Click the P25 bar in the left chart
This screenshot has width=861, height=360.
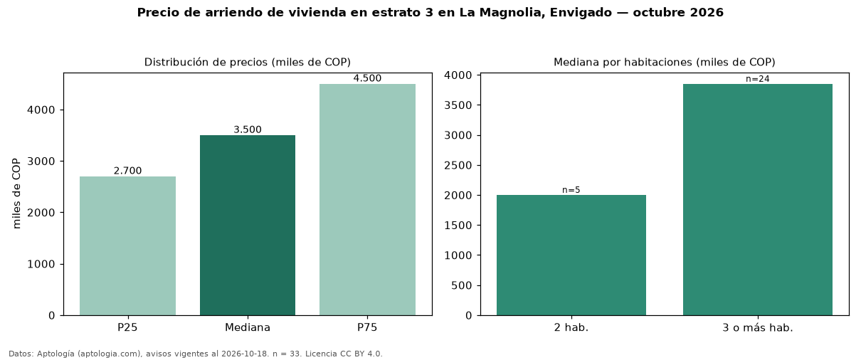point(127,246)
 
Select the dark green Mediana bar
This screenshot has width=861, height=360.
point(248,225)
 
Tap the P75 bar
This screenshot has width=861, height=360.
point(367,200)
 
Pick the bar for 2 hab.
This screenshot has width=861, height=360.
point(571,255)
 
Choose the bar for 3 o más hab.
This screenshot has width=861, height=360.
point(758,200)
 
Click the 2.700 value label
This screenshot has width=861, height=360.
point(127,171)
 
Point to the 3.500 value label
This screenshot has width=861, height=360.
point(248,129)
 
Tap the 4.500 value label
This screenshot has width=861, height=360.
point(367,78)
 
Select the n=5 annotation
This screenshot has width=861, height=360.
point(571,190)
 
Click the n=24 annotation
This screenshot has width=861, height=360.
point(758,79)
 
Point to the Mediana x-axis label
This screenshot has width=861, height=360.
point(248,327)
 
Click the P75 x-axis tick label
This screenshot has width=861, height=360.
point(367,327)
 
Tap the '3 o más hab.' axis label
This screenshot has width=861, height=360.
point(758,328)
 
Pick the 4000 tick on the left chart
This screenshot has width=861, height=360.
point(41,110)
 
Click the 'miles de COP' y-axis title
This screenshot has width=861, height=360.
point(16,194)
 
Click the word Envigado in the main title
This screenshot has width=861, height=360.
point(581,13)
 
